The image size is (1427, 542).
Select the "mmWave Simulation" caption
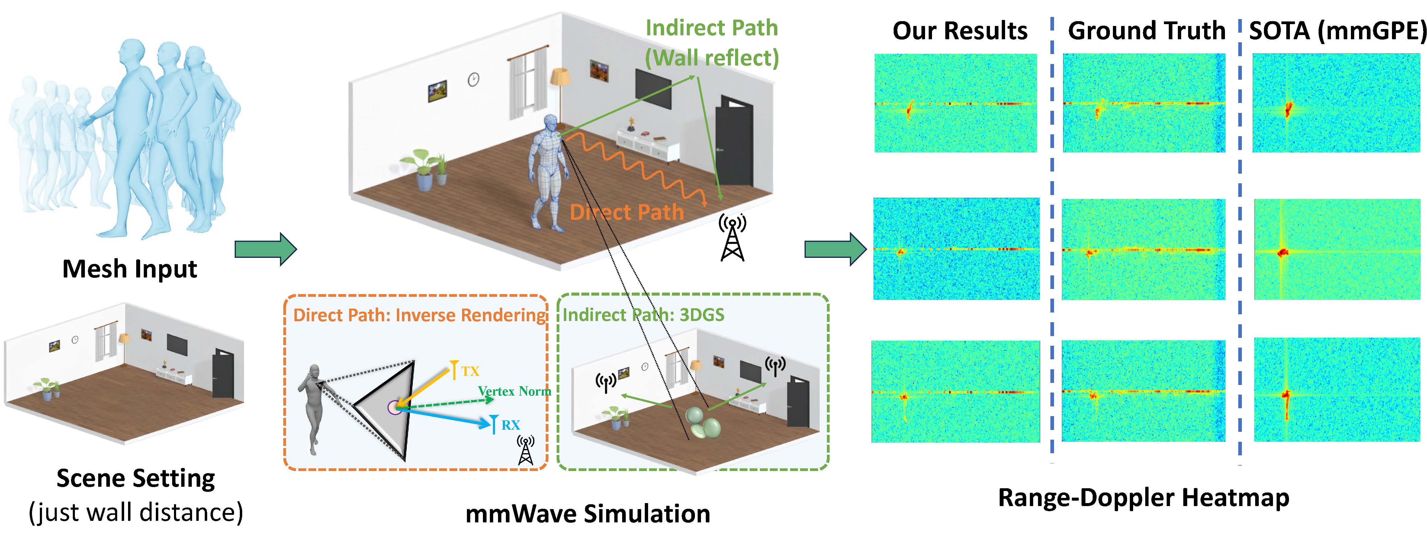588,514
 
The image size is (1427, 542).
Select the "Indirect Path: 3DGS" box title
643,315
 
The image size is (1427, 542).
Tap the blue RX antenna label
510,425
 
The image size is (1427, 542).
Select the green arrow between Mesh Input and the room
266,250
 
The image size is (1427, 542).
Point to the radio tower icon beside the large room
732,238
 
